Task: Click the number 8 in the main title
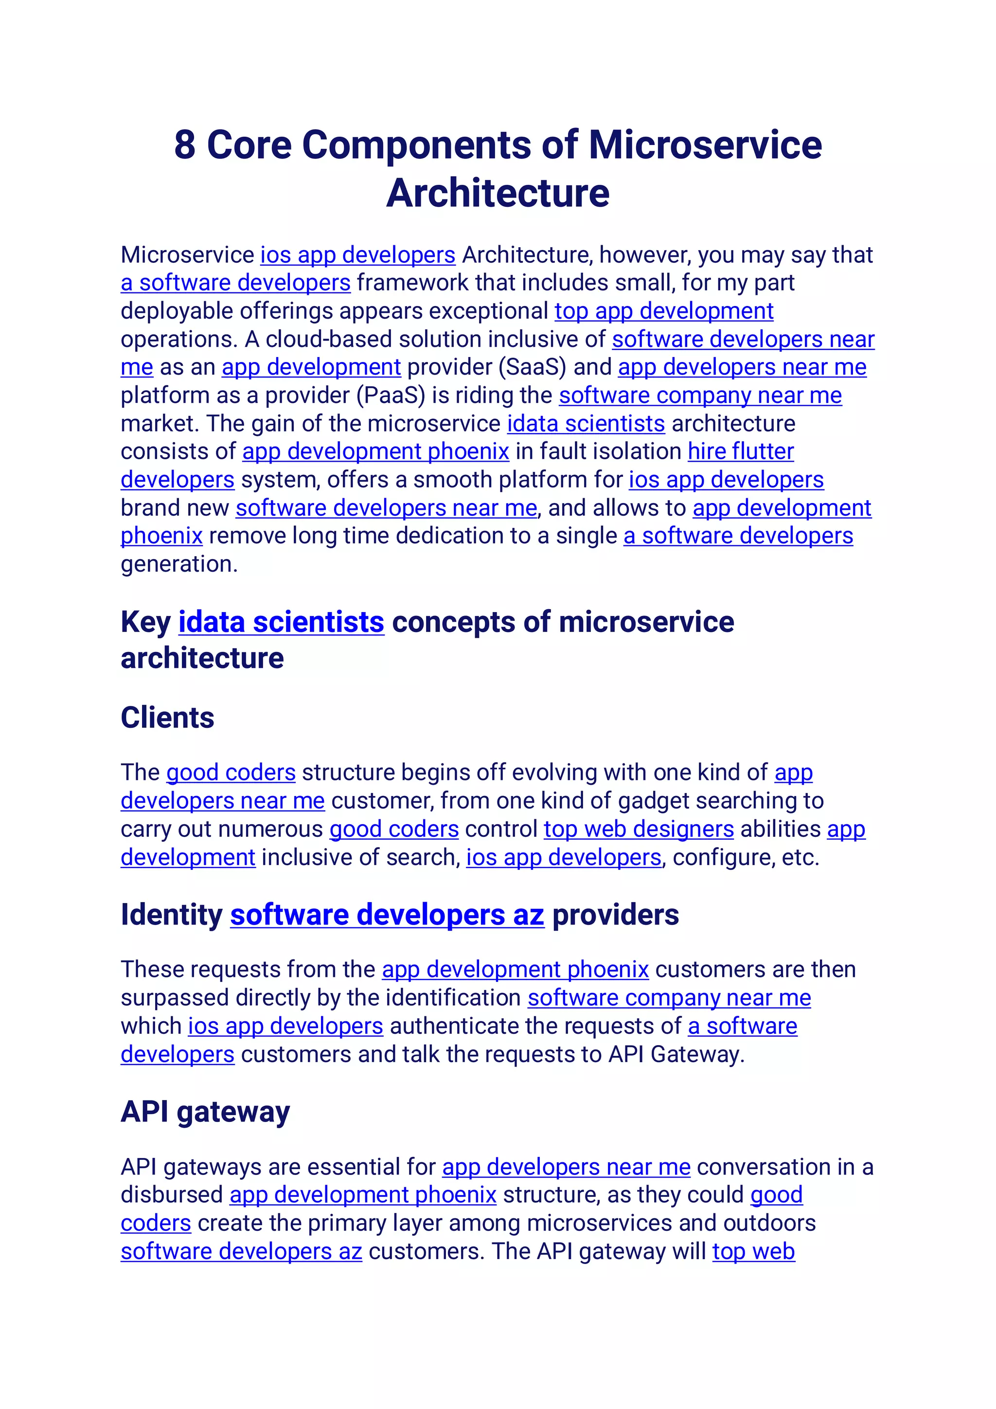click(x=185, y=145)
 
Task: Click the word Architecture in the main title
click(x=498, y=193)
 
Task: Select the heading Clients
click(x=167, y=717)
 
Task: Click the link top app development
click(x=663, y=311)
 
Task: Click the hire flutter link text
click(x=740, y=452)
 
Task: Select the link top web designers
click(x=639, y=829)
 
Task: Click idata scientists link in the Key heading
click(x=281, y=622)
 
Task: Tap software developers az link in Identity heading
click(x=387, y=915)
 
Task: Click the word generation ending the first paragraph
click(x=178, y=564)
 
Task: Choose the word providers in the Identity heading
click(x=615, y=915)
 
